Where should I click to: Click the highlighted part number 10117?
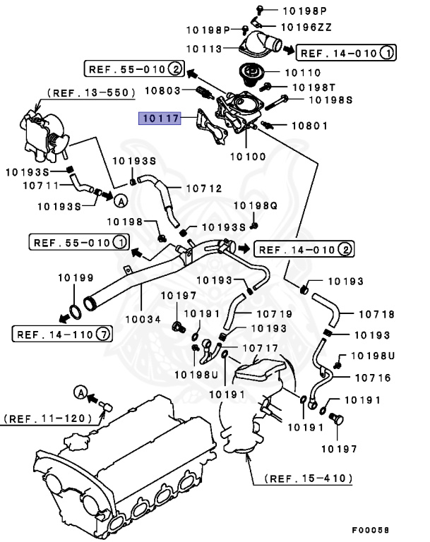pos(159,119)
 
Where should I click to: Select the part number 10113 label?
pos(205,49)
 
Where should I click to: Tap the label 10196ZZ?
pos(306,27)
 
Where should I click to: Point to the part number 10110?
pos(302,72)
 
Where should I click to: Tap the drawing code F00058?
pos(371,529)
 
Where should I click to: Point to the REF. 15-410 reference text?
pos(309,478)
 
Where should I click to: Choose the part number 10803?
pos(164,90)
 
